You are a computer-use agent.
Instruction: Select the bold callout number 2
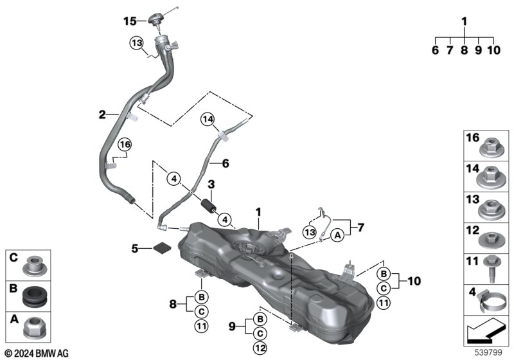[102, 115]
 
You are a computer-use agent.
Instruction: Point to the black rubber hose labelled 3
[208, 206]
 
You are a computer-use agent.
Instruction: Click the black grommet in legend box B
[31, 298]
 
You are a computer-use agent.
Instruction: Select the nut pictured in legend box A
[31, 330]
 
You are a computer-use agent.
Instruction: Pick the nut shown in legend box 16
[487, 147]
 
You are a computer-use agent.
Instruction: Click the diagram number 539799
[486, 353]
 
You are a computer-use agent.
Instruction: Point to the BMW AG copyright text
[36, 353]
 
